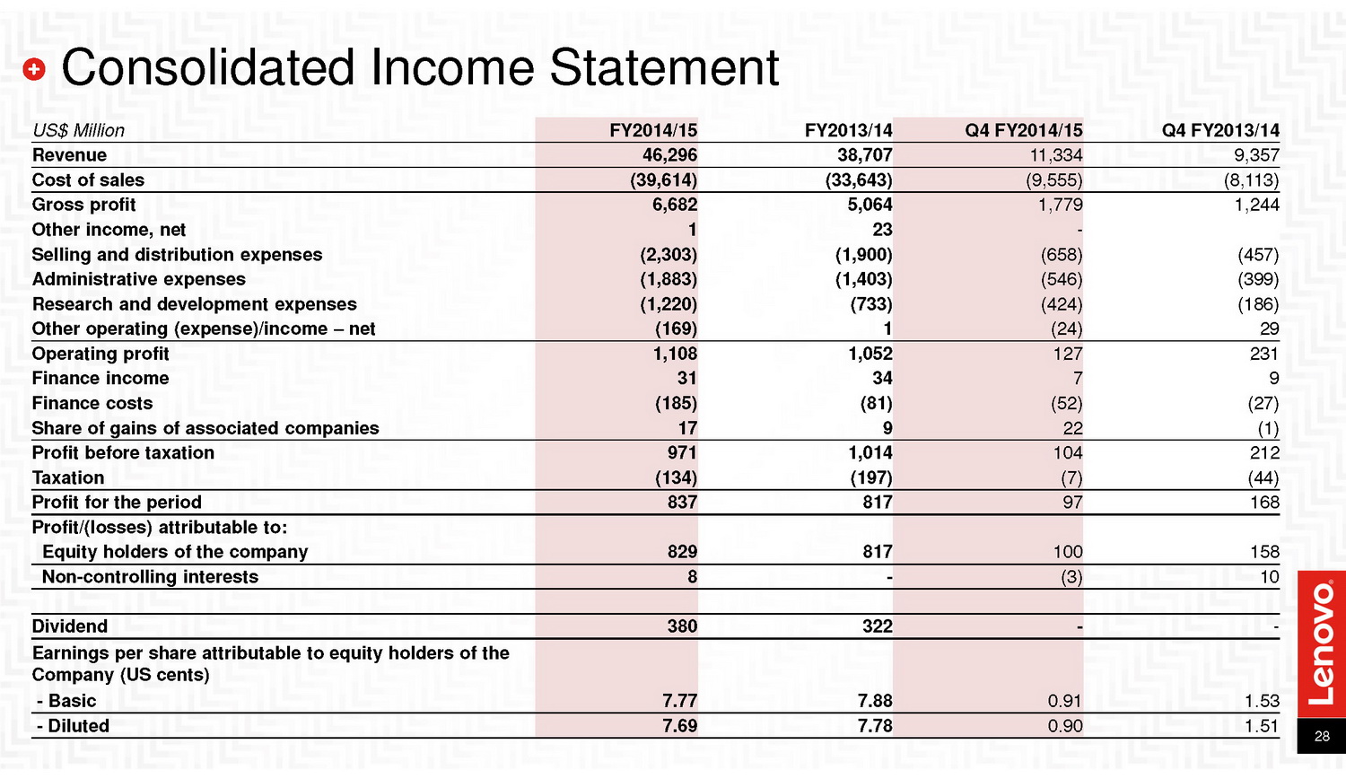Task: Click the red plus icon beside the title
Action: coord(34,69)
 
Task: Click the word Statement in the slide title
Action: coord(664,67)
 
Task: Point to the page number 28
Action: coord(1322,736)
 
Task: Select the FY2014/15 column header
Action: coord(652,130)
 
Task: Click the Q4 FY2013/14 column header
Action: coord(1220,130)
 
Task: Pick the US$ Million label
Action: coord(78,130)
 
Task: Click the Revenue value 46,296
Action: coord(669,155)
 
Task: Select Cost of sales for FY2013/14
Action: coord(859,179)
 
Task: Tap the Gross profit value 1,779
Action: coord(1060,205)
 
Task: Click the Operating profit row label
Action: coord(101,354)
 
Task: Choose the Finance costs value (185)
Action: coord(676,403)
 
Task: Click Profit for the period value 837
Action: coord(682,503)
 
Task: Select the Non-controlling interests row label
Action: coord(150,577)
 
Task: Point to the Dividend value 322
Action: coord(878,626)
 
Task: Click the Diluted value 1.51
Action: coord(1262,726)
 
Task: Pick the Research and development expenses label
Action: coord(194,304)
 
